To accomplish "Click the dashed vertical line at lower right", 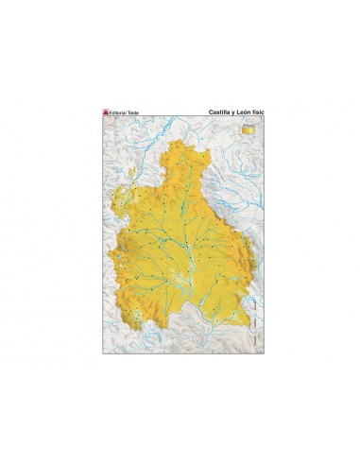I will (257, 302).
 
